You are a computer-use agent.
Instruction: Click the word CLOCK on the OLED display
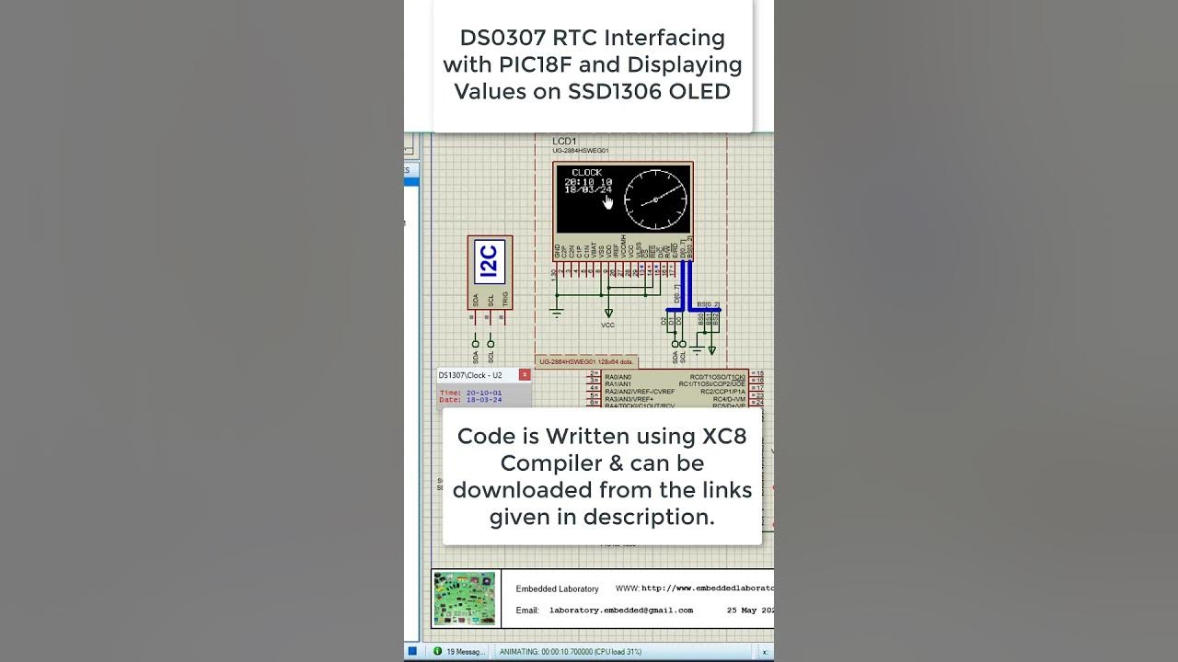pos(586,172)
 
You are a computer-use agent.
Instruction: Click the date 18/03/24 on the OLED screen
pos(588,190)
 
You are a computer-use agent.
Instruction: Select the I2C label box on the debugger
pos(489,261)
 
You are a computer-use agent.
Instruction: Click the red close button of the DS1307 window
pos(525,375)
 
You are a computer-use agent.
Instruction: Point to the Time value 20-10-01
pos(484,393)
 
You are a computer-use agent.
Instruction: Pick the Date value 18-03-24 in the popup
pos(484,400)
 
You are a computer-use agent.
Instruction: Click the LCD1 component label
pos(564,141)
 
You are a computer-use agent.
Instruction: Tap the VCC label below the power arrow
pos(607,325)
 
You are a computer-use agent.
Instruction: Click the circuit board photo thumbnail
pos(464,599)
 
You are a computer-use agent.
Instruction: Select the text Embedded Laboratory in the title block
pos(557,588)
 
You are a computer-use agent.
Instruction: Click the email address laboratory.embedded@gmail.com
pos(620,610)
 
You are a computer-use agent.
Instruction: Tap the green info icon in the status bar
pos(437,652)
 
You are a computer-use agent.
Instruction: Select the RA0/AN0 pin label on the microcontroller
pos(618,377)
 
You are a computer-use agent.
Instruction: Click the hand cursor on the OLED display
pos(607,201)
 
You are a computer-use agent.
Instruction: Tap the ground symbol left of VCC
pos(556,312)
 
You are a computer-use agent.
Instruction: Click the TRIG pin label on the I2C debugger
pos(504,299)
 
